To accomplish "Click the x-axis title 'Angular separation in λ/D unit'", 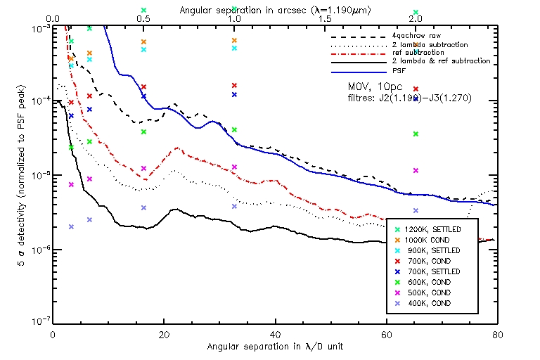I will click(x=275, y=348).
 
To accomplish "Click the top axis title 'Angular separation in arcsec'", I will click(x=276, y=11).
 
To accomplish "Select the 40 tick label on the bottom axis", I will click(x=275, y=335).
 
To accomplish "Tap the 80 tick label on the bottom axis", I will click(x=496, y=335).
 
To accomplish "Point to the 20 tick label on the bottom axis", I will click(x=164, y=335).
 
